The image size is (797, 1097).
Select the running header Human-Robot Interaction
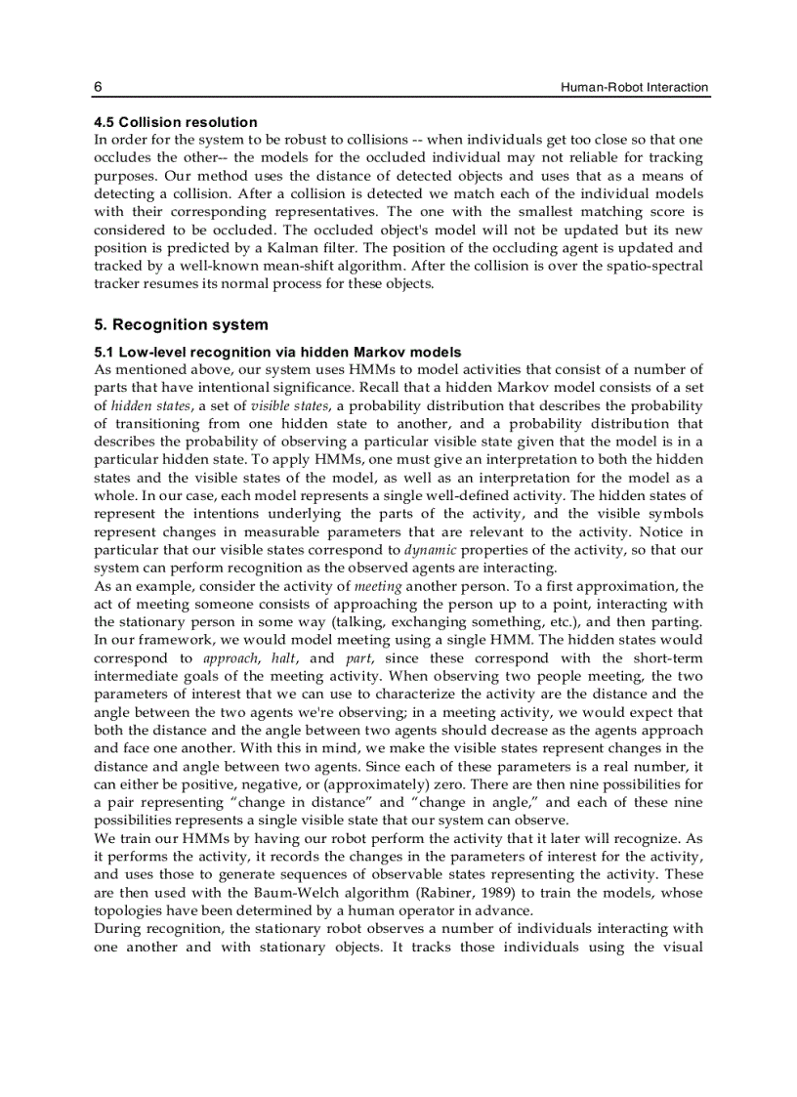point(634,88)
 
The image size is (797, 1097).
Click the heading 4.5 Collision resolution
point(176,122)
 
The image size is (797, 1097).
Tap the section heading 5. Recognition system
point(181,325)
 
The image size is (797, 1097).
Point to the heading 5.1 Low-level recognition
point(277,352)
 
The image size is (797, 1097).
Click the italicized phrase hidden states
point(138,405)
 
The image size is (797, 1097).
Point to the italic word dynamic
point(431,550)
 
